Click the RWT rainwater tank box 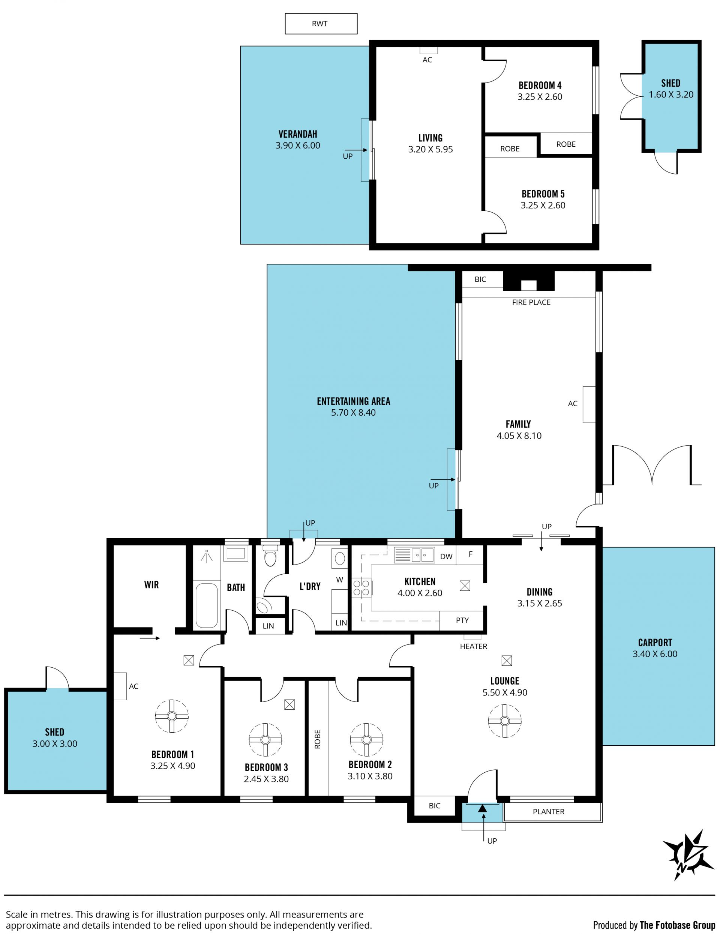321,24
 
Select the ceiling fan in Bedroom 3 265,740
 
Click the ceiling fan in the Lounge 504,721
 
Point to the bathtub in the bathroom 207,605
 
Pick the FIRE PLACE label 531,302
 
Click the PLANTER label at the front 549,812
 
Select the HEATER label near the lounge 473,646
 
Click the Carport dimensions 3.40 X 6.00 655,653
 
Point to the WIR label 151,585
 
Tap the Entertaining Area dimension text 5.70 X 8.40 353,412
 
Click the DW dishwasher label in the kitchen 446,556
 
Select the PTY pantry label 462,620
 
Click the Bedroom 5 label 543,194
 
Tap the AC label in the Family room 573,403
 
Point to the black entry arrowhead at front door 482,808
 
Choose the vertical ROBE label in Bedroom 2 317,739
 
